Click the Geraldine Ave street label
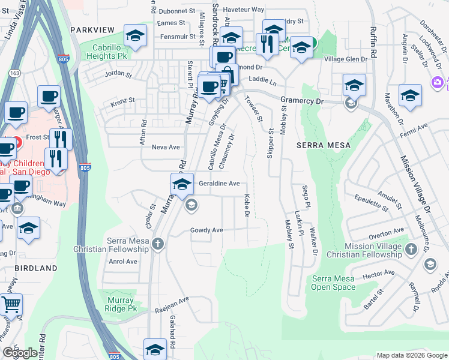pyautogui.click(x=219, y=184)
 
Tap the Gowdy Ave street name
pyautogui.click(x=206, y=230)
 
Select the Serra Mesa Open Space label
pyautogui.click(x=333, y=283)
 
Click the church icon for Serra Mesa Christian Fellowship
pyautogui.click(x=157, y=244)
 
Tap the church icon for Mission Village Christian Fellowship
pyautogui.click(x=411, y=248)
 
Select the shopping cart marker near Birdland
pyautogui.click(x=10, y=305)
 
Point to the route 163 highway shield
pyautogui.click(x=12, y=73)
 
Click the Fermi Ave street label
pyautogui.click(x=414, y=127)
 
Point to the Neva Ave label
pyautogui.click(x=166, y=147)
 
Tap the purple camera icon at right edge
pyautogui.click(x=437, y=82)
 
